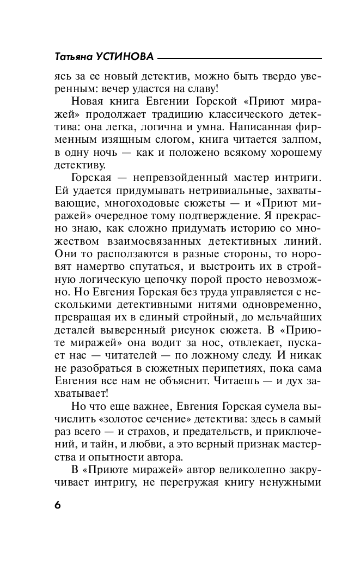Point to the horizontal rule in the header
coord(240,58)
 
